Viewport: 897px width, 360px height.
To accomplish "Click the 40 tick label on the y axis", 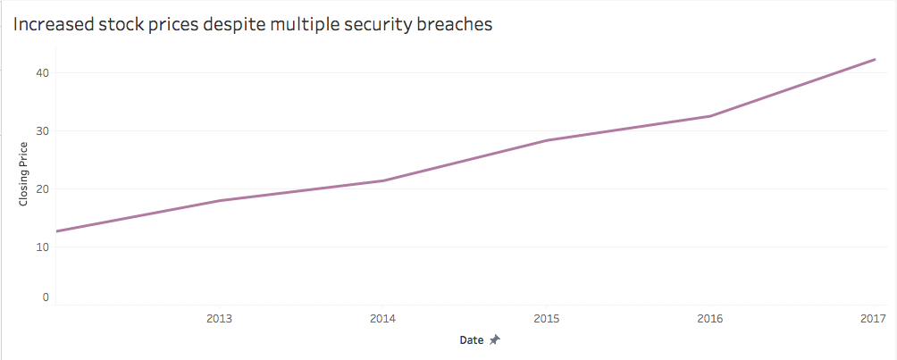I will [42, 73].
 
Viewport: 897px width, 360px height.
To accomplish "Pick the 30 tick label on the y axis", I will [42, 131].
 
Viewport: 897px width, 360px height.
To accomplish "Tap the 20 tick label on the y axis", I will [42, 189].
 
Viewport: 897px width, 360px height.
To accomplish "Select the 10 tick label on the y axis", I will [42, 247].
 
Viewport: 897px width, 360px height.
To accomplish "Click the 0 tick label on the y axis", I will [45, 297].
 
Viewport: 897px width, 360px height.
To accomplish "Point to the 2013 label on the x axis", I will [219, 318].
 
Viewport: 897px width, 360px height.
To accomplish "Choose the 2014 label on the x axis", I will [382, 318].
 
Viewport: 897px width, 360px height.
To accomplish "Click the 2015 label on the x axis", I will [546, 318].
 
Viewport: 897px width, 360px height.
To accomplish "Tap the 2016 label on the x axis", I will [709, 318].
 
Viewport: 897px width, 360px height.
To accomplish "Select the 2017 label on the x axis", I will [872, 318].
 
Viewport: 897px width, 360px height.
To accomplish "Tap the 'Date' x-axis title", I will [472, 340].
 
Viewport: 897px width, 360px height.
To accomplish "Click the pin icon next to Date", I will [494, 340].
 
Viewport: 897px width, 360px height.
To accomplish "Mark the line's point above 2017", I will [874, 60].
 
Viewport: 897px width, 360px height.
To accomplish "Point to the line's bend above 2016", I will [710, 116].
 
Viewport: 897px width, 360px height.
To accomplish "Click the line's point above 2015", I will [547, 140].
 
